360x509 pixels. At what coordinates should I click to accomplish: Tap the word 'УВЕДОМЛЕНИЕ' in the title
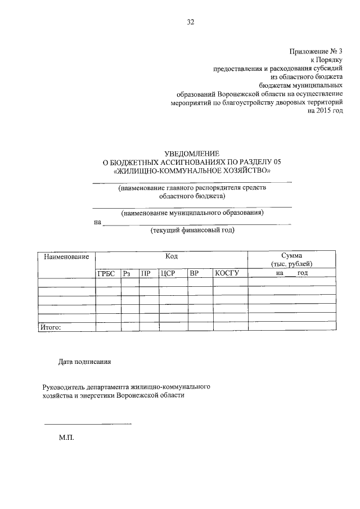(191, 153)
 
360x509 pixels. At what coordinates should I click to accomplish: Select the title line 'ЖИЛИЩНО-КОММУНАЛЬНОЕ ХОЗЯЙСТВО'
(192, 170)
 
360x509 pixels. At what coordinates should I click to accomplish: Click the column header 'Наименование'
(63, 257)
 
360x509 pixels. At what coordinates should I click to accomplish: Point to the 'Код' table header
(172, 256)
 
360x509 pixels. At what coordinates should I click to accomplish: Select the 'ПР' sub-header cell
(146, 273)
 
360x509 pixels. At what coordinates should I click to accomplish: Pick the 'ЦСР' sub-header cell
(169, 273)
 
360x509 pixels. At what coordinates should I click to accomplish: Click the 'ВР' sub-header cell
(195, 273)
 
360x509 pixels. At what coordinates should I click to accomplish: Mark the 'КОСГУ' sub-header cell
(227, 273)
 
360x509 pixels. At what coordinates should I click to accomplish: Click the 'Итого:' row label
(49, 326)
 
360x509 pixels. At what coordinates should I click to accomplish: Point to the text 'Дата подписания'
(85, 362)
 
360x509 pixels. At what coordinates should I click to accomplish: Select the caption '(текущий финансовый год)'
(192, 231)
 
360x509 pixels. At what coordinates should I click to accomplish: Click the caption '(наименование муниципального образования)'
(192, 213)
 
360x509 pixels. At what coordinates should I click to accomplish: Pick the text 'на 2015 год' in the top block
(325, 111)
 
